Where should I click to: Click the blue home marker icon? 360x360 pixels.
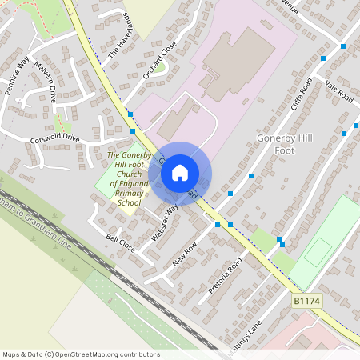180,172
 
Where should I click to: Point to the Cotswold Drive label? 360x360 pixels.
54,138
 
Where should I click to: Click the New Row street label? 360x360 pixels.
184,255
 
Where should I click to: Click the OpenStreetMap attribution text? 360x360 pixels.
81,354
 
